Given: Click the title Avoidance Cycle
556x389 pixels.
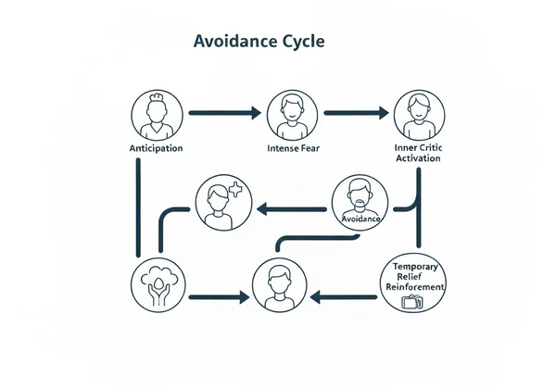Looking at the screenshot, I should click(259, 43).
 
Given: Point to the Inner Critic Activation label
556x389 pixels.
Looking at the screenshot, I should click(418, 152).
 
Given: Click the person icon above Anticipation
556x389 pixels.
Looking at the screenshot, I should click(157, 113).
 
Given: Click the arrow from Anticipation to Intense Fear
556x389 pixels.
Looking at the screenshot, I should click(223, 113).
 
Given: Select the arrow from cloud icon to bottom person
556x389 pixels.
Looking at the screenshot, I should click(219, 298).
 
